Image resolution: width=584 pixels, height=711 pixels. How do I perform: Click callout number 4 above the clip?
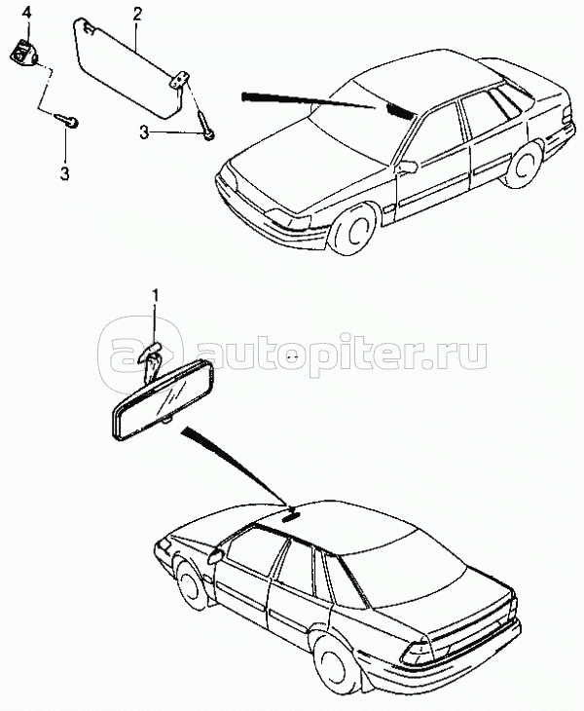click(26, 13)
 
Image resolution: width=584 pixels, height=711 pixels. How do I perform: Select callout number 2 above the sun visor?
click(136, 14)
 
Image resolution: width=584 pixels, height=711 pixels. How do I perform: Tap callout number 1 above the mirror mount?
click(155, 297)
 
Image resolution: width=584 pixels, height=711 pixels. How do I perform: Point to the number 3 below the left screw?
click(65, 173)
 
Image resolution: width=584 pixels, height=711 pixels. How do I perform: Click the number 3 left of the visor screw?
click(144, 132)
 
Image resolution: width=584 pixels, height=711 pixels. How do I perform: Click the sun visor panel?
click(127, 67)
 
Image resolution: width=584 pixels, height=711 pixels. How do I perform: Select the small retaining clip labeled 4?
click(22, 52)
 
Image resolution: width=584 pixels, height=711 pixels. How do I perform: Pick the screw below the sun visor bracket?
click(205, 125)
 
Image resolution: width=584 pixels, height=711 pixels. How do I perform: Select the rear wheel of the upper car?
click(526, 165)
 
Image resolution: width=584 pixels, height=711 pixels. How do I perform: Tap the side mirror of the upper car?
click(407, 166)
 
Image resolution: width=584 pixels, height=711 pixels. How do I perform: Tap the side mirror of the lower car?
click(215, 555)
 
